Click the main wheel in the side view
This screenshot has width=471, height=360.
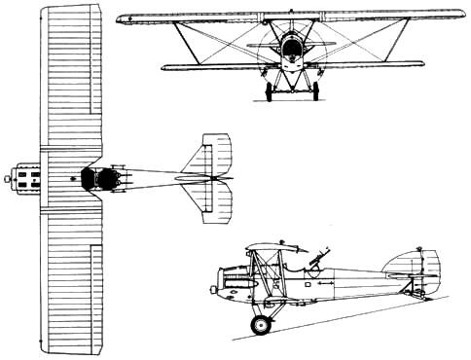(x=260, y=324)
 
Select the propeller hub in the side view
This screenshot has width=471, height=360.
(x=211, y=288)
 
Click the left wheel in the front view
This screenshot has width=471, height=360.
(x=269, y=91)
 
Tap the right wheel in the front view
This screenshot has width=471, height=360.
(x=317, y=91)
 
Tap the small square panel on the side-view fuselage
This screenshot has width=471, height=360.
(x=307, y=285)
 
